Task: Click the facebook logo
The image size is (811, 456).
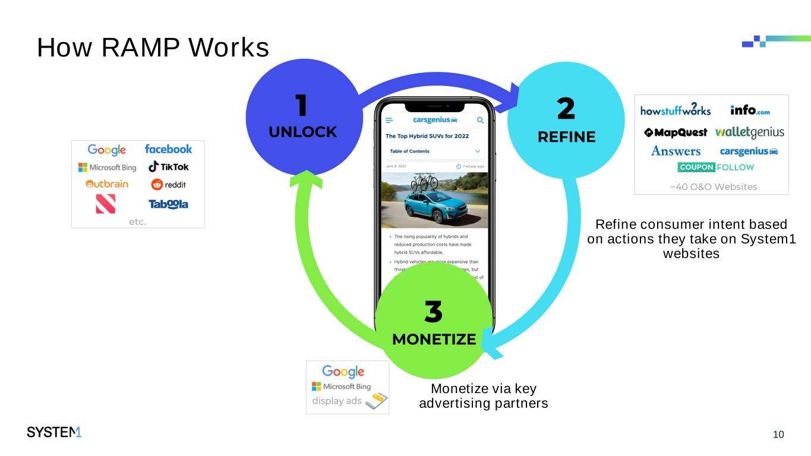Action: coord(168,149)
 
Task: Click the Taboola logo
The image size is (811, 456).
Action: coord(168,204)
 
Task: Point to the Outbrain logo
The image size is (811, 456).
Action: coord(107,184)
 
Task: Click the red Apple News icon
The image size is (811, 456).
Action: coord(105,204)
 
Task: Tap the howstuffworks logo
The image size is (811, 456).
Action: coord(675,110)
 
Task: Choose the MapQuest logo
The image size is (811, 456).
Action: coord(676,132)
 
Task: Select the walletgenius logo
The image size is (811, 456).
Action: coord(749,132)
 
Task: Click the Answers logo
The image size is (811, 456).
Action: coord(676,151)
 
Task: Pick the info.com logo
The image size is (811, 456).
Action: coord(750,110)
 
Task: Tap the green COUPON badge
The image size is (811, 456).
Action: coord(696,167)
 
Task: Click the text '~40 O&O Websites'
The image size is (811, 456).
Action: coord(713,187)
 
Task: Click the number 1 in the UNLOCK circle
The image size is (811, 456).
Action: coord(302,106)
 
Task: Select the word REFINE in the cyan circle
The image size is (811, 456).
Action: coord(566,137)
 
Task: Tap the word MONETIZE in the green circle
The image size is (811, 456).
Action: coord(434,340)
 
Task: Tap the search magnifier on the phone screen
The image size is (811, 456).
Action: coord(480,121)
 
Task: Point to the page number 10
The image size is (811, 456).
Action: coord(778,435)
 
